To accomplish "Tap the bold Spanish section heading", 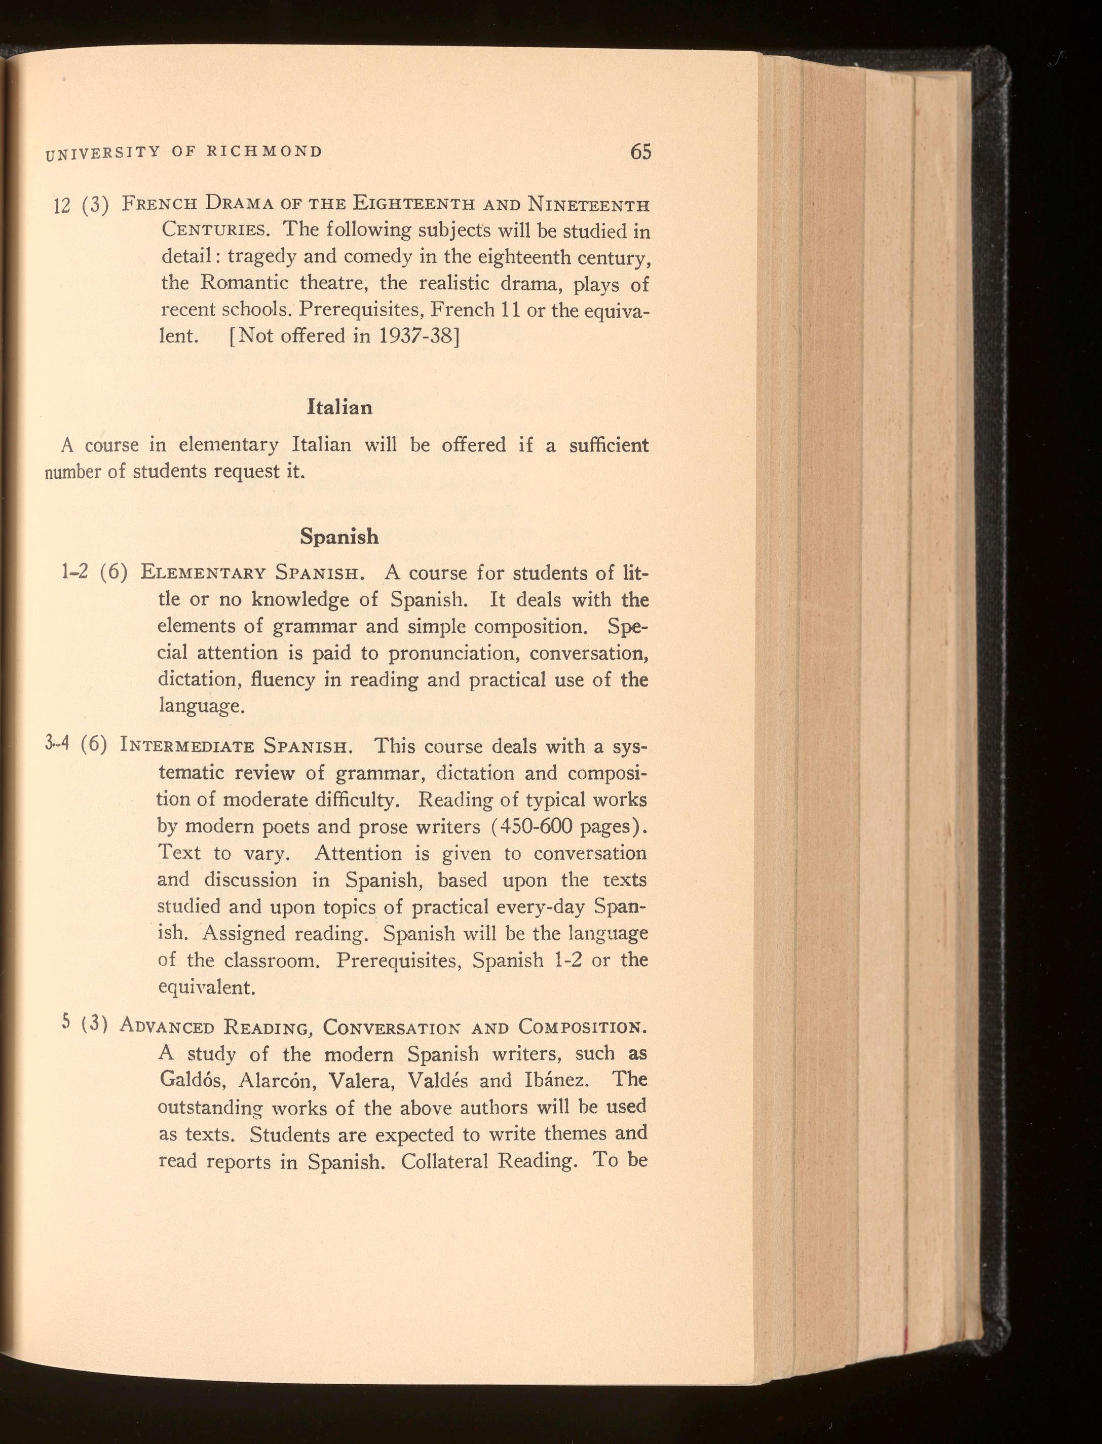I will pos(339,537).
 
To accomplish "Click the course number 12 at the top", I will pos(62,206).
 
